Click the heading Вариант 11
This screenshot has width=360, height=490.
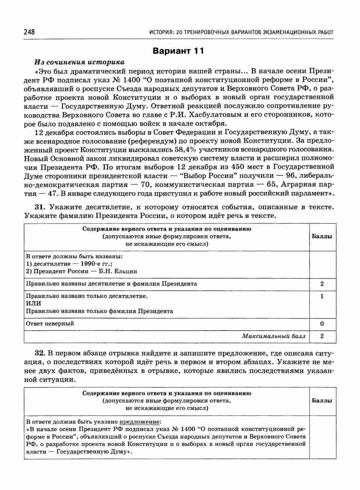coord(178,51)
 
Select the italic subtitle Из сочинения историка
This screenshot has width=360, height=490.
coord(79,62)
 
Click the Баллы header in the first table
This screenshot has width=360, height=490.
coord(322,236)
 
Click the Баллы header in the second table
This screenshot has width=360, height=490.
coord(322,401)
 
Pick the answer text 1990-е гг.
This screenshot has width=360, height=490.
coord(94,264)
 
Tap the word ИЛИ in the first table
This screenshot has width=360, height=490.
coord(33,303)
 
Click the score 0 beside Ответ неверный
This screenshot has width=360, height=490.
coord(322,324)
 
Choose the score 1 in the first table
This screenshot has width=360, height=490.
coord(322,296)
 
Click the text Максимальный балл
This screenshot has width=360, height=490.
coord(274,336)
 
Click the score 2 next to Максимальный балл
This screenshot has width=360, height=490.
coord(322,336)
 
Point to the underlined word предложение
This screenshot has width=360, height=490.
coord(139,422)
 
